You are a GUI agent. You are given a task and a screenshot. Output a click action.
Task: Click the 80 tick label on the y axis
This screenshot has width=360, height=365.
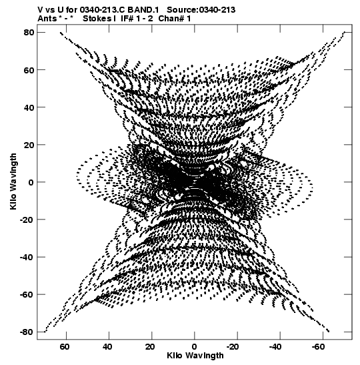[29, 32]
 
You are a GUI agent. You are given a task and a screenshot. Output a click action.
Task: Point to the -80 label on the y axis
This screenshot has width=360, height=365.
[27, 332]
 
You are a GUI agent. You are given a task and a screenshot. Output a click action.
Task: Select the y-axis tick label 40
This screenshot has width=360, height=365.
[29, 107]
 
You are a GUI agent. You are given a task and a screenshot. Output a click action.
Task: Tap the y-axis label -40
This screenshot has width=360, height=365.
[27, 257]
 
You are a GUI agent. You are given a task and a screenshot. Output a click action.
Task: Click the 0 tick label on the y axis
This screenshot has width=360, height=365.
[31, 182]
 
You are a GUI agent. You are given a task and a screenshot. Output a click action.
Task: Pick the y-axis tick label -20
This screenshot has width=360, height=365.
[27, 220]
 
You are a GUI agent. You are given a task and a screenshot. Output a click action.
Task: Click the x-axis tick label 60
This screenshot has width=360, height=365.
[65, 347]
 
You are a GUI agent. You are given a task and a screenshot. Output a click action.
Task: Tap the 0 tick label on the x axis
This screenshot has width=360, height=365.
[195, 347]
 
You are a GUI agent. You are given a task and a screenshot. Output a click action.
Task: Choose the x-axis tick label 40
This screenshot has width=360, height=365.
[107, 347]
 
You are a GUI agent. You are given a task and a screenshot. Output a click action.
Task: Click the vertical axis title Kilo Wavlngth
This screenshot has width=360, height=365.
[13, 181]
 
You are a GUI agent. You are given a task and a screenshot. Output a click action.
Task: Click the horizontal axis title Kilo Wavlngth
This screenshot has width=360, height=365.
[195, 356]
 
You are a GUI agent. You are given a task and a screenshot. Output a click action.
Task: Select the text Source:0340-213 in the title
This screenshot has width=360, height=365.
[201, 10]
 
